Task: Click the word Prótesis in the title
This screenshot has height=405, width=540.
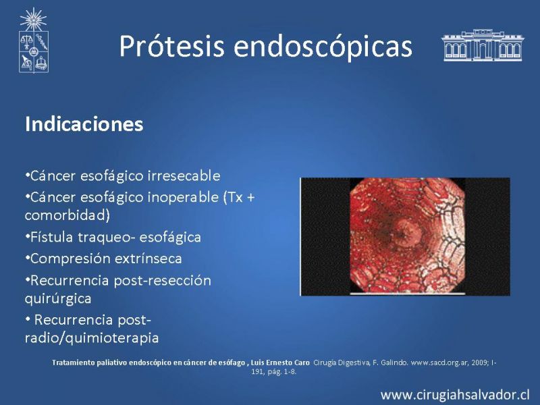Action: point(172,46)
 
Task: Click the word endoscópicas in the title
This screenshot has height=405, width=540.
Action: point(323,47)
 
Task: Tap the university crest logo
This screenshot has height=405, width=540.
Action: point(33,40)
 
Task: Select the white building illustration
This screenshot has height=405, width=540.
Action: point(482,45)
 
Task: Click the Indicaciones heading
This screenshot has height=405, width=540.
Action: point(84,124)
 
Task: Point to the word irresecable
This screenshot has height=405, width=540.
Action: point(184,175)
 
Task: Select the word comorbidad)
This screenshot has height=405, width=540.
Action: point(67,215)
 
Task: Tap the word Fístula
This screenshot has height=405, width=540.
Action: point(51,238)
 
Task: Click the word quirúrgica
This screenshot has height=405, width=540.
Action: point(58,298)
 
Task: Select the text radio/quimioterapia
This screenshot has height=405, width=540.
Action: point(92,338)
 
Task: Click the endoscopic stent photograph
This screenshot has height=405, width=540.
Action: point(405,237)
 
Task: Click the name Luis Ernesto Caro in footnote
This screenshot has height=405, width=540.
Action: point(280,362)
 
